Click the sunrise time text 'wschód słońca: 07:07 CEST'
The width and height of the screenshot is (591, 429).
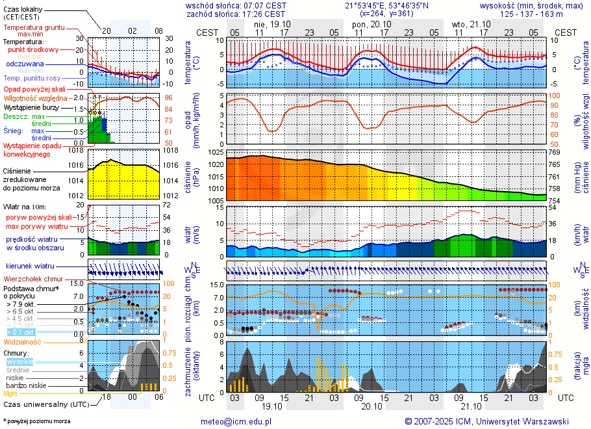coord(236,5)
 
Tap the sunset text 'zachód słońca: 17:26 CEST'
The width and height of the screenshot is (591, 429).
coord(236,14)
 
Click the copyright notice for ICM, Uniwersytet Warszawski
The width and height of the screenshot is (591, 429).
coord(486,421)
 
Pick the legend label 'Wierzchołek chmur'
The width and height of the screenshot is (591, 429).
coord(37,279)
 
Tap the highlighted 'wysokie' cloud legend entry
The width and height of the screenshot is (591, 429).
coord(20,362)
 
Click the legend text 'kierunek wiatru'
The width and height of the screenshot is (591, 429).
coord(30,266)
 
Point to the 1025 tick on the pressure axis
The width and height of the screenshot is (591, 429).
coord(216,152)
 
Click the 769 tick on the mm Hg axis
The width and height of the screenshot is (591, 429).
coord(555,152)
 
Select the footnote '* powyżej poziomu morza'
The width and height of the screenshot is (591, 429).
coord(36,421)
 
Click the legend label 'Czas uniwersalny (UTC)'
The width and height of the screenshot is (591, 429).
coord(45,404)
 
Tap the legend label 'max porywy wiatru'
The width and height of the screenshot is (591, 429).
coord(37,226)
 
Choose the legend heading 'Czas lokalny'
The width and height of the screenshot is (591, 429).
coord(24,9)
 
